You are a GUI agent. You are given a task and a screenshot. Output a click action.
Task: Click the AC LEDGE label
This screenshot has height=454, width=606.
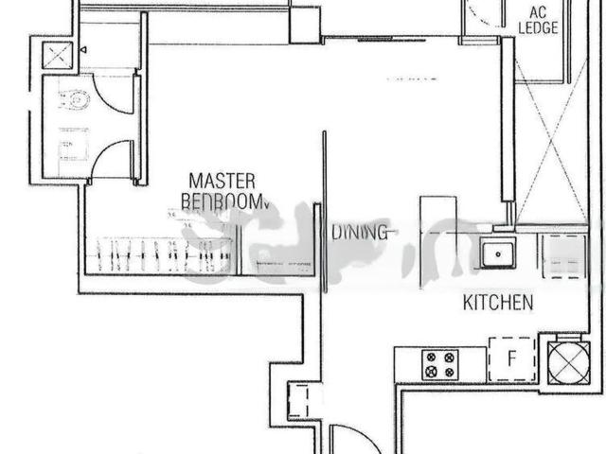click(x=537, y=19)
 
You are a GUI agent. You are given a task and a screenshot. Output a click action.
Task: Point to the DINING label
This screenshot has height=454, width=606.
click(x=359, y=232)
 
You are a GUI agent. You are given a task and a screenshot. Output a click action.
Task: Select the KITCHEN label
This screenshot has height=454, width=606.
click(x=498, y=303)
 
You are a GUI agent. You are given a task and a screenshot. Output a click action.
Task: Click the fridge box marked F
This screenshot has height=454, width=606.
click(x=511, y=359)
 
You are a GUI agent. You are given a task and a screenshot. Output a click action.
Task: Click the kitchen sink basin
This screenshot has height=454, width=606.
click(x=495, y=253)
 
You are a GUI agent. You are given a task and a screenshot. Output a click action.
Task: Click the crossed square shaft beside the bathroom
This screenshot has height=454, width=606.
click(x=53, y=55)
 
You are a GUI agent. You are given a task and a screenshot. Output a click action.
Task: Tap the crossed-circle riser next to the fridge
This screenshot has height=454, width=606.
click(x=560, y=358)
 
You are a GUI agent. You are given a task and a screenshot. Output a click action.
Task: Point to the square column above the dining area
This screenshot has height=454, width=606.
click(x=305, y=25)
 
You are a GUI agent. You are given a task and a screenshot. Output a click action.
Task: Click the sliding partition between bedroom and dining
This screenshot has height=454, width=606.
click(x=326, y=213)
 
